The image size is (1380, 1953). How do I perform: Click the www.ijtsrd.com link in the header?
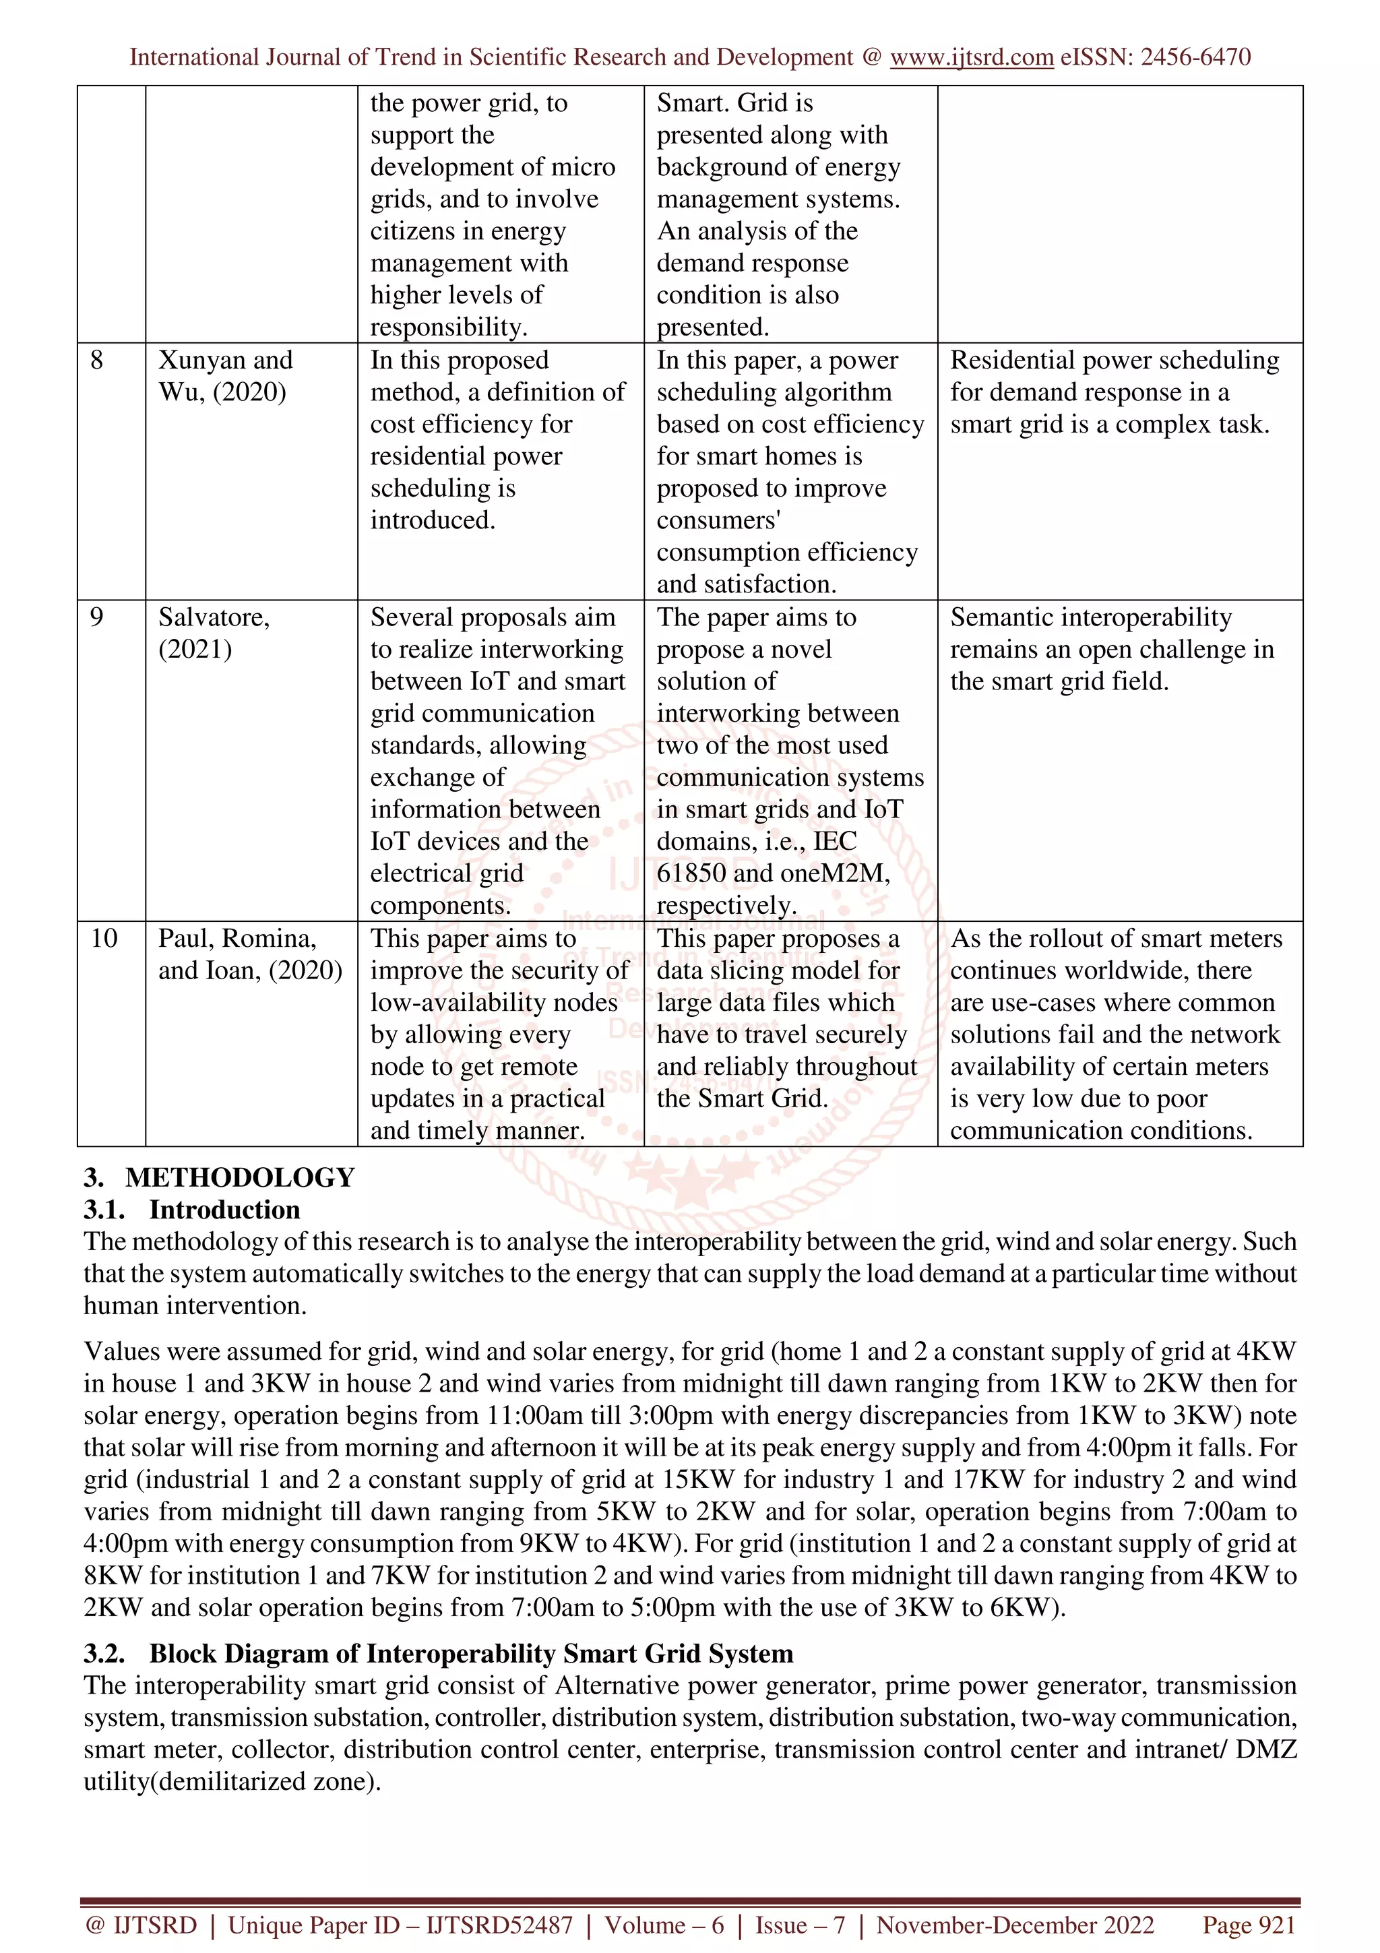point(971,57)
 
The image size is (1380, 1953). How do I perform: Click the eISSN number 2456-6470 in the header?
point(1195,57)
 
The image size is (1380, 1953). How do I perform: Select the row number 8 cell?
point(97,360)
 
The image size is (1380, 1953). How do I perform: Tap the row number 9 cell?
point(97,617)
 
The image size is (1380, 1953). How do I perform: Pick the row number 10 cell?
point(104,938)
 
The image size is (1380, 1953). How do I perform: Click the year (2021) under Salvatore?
point(195,649)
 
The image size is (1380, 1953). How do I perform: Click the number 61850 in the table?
point(691,873)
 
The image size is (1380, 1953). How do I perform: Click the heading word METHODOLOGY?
point(240,1177)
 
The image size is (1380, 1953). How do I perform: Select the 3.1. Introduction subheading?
point(192,1210)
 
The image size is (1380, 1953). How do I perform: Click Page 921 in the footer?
point(1248,1925)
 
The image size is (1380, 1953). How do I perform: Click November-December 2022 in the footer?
point(1015,1925)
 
